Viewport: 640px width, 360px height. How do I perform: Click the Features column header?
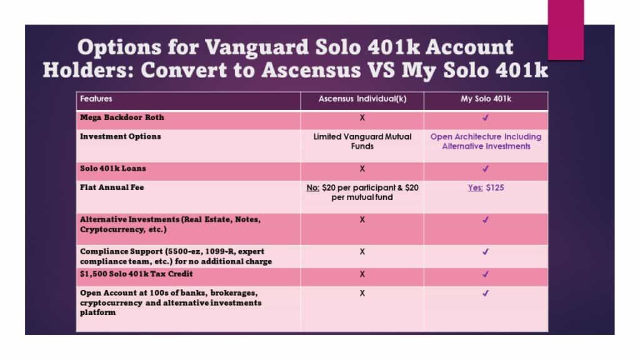click(x=96, y=99)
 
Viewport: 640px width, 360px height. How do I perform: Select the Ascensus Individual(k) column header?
click(x=362, y=99)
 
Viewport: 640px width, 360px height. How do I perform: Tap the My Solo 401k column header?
click(x=486, y=99)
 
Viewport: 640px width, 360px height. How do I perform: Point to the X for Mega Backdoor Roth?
click(x=362, y=117)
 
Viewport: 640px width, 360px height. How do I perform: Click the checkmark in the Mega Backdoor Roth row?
click(x=486, y=117)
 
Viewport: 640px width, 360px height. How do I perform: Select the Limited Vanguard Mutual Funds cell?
click(x=362, y=141)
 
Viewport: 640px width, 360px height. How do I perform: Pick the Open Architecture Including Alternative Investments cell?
click(x=486, y=141)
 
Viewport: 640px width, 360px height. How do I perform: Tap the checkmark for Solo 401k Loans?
click(x=486, y=169)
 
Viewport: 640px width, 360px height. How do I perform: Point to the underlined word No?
click(x=314, y=187)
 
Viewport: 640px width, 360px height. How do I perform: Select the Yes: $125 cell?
click(x=486, y=187)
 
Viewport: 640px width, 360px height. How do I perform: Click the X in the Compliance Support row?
click(x=362, y=251)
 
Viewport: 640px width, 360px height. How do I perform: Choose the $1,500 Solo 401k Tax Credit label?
click(x=136, y=274)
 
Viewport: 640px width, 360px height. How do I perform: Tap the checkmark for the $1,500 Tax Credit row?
click(x=486, y=274)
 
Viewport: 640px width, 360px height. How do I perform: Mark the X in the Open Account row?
click(x=362, y=292)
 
